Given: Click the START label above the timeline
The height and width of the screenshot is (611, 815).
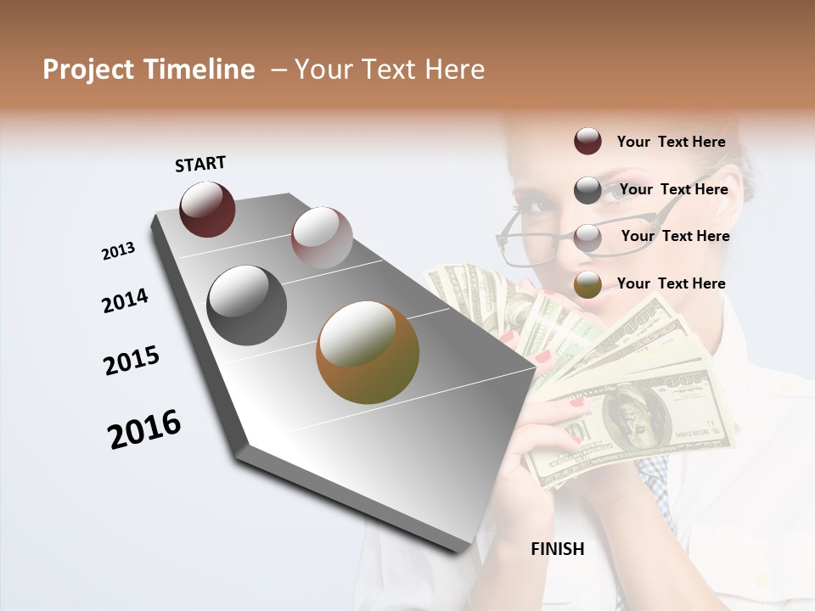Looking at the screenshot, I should (200, 164).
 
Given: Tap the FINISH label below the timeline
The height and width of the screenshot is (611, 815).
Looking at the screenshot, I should (557, 549).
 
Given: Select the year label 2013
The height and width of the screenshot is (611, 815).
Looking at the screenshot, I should (119, 251).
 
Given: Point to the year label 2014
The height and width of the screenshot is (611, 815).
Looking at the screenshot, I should (125, 300).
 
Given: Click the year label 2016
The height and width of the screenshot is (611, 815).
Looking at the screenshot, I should (144, 429).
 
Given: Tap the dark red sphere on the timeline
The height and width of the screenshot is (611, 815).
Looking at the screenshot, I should (207, 209).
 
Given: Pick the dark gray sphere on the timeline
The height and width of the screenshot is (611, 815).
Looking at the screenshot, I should (246, 305).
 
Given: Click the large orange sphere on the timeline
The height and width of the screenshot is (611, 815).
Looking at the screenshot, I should (368, 352).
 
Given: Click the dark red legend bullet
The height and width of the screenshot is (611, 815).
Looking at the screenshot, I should (587, 142).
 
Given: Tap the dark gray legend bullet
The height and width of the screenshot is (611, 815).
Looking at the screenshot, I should (587, 190).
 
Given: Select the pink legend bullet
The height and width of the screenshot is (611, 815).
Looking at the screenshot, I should (587, 238).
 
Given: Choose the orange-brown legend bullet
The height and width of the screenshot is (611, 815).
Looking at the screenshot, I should (587, 285).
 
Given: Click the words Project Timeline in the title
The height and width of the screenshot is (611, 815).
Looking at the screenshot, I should (149, 70).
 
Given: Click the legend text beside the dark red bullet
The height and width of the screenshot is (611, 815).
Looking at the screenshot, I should (671, 142).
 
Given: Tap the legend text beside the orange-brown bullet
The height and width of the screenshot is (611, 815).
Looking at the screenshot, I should (671, 283).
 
